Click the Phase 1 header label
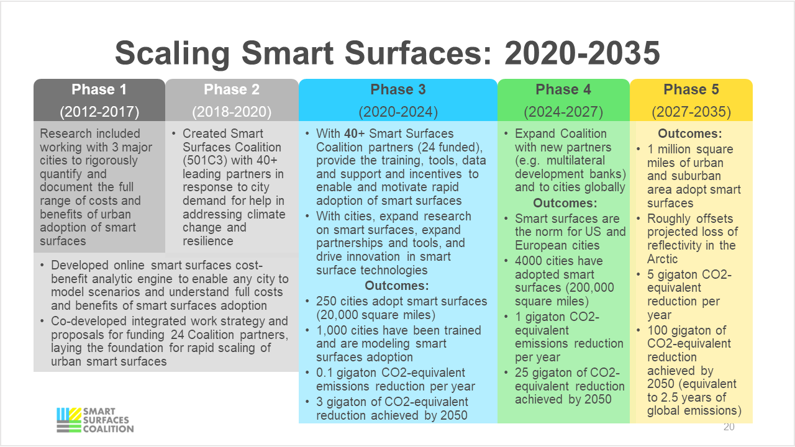tap(99, 89)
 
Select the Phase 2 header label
tap(232, 89)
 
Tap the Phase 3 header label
tap(398, 89)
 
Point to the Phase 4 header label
tap(563, 89)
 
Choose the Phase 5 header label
tap(691, 89)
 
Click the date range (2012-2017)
tap(99, 112)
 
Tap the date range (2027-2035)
tap(691, 112)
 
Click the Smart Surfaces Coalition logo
tap(94, 420)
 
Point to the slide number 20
tap(729, 427)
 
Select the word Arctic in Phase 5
tap(663, 259)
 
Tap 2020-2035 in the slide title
tap(582, 53)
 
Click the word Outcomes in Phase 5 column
tap(689, 133)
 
